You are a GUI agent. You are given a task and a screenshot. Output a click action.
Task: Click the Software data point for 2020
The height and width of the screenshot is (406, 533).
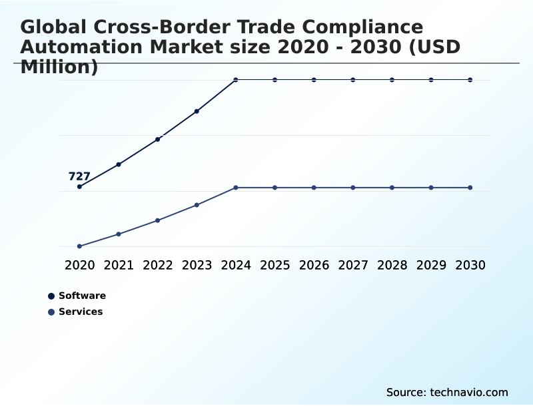(79, 186)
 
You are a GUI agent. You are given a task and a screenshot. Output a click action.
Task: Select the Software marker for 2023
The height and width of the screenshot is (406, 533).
(197, 111)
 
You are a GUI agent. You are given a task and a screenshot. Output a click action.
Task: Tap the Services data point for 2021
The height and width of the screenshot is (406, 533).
(119, 234)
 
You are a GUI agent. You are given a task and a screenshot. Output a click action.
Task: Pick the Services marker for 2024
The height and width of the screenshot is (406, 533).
(236, 188)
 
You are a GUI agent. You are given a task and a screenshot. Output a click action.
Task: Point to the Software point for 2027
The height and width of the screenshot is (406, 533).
(353, 80)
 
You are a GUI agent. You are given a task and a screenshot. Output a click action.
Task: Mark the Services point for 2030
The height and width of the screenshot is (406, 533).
(470, 188)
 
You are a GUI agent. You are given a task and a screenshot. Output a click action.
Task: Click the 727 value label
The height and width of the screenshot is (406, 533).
(79, 176)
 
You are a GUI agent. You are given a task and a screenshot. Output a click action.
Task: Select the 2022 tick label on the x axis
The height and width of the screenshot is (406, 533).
(158, 266)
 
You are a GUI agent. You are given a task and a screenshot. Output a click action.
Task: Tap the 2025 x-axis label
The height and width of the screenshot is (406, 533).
(274, 266)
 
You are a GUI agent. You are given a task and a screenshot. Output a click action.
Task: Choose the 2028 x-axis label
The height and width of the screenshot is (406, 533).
(392, 266)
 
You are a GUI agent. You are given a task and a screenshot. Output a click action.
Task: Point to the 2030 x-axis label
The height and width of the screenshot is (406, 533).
(470, 266)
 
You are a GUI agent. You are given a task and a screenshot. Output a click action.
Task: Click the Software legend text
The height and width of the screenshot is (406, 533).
(82, 296)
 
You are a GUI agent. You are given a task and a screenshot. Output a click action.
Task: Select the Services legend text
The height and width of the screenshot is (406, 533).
(81, 312)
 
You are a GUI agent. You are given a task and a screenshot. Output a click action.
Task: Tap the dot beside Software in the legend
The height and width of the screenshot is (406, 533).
(51, 296)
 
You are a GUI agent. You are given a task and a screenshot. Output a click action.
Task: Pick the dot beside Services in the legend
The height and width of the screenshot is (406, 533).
(51, 312)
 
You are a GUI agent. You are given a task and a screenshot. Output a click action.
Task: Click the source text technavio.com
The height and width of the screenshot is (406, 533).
(469, 392)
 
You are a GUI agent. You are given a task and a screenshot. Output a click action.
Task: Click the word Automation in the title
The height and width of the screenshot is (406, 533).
(77, 47)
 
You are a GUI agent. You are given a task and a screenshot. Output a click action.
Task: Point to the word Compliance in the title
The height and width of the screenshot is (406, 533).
(359, 27)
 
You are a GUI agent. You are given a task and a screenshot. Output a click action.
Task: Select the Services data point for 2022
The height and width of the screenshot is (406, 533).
(158, 220)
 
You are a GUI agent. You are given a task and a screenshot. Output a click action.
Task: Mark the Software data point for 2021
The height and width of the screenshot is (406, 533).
(119, 164)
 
